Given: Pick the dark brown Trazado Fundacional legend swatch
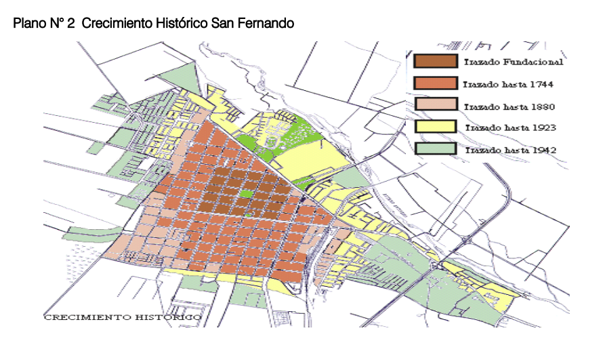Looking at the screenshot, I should pyautogui.click(x=434, y=61).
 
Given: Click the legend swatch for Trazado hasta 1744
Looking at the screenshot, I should pyautogui.click(x=434, y=83).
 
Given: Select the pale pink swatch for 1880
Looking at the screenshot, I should pyautogui.click(x=434, y=105).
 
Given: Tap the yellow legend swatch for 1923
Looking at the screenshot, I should pyautogui.click(x=434, y=126).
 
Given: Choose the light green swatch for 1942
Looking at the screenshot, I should pyautogui.click(x=434, y=148).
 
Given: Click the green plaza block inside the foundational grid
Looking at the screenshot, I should pyautogui.click(x=245, y=195).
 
